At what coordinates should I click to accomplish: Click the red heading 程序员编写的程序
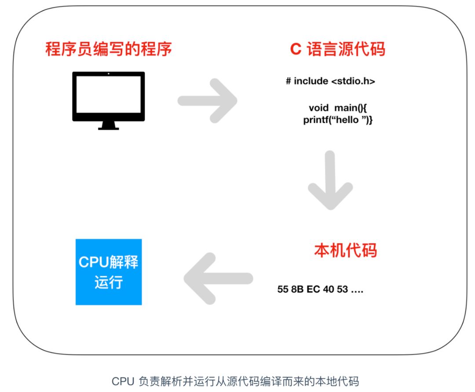point(108,49)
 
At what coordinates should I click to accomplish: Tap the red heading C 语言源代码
point(337,49)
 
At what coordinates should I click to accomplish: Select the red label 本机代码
point(345,250)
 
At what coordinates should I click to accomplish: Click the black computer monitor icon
point(108,97)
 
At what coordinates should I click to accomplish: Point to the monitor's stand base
point(108,128)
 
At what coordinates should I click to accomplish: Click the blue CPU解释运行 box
point(109,272)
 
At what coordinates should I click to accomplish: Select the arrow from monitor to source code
point(208,101)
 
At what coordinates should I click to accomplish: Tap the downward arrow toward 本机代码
point(330,180)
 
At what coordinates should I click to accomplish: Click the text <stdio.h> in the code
point(353,81)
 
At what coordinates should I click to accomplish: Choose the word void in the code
point(318,108)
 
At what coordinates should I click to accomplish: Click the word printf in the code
point(315,120)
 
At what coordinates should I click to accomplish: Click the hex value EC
point(313,290)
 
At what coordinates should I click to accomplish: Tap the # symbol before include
point(289,81)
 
